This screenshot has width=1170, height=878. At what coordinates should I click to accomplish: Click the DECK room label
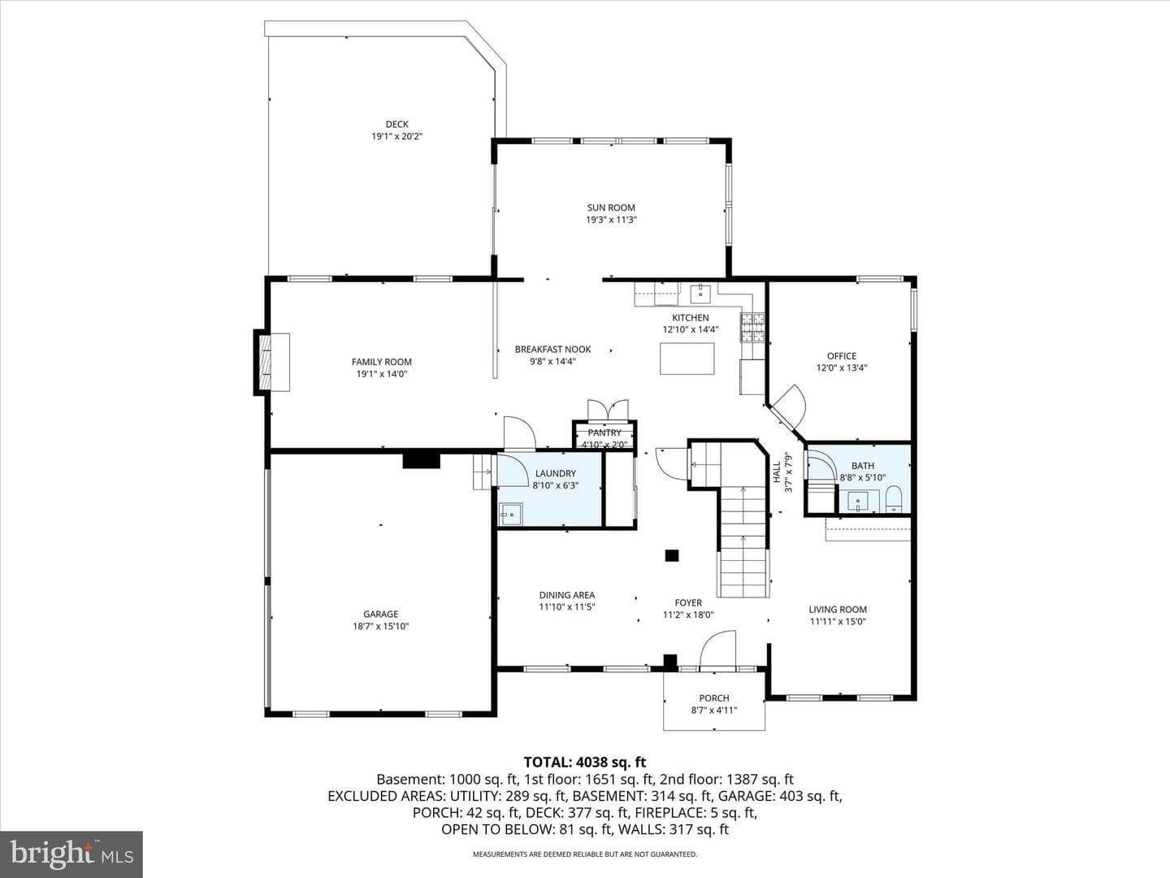pyautogui.click(x=397, y=124)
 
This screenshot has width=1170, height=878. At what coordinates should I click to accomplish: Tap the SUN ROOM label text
pyautogui.click(x=611, y=207)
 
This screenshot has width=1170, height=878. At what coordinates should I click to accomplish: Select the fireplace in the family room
pyautogui.click(x=272, y=363)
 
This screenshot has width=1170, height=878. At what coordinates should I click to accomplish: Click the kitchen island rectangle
pyautogui.click(x=687, y=359)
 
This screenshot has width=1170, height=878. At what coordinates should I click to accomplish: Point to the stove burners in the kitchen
pyautogui.click(x=752, y=328)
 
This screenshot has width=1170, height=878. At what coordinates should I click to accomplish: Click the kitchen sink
pyautogui.click(x=700, y=293)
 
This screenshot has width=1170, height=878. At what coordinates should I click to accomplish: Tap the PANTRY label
pyautogui.click(x=604, y=432)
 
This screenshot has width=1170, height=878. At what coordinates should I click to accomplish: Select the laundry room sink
pyautogui.click(x=511, y=514)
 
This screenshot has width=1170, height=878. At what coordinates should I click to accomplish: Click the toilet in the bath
pyautogui.click(x=894, y=499)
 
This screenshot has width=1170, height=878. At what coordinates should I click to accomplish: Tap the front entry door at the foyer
pyautogui.click(x=717, y=650)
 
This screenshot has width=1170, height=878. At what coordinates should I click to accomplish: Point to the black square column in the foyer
pyautogui.click(x=672, y=555)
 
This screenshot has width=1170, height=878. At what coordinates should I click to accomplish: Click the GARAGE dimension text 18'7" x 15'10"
pyautogui.click(x=380, y=626)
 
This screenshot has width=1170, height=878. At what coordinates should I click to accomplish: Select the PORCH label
pyautogui.click(x=714, y=698)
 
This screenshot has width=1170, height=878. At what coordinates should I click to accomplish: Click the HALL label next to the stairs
pyautogui.click(x=777, y=473)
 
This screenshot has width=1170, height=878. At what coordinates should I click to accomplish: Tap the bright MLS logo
pyautogui.click(x=71, y=854)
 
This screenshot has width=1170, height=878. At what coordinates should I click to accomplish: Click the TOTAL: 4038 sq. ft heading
pyautogui.click(x=585, y=763)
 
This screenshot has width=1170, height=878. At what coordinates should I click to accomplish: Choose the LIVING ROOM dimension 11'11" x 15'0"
pyautogui.click(x=838, y=622)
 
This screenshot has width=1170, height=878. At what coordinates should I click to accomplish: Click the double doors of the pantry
pyautogui.click(x=608, y=411)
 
